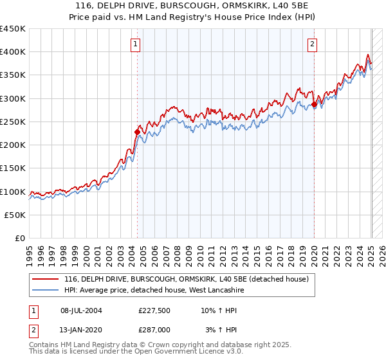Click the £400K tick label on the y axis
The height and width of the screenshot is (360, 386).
[x=13, y=52]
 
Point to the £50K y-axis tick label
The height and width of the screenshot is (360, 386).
[x=15, y=215]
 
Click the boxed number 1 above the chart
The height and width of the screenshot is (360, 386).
[x=136, y=44]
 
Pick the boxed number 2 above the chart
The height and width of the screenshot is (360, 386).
[x=312, y=44]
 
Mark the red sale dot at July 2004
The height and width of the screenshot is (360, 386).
[x=137, y=132]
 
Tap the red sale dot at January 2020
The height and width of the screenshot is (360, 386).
[x=314, y=104]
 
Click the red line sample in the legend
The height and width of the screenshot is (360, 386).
[x=45, y=280]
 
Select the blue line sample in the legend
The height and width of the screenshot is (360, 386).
[x=45, y=291]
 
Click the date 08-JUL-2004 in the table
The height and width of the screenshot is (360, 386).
[x=80, y=311]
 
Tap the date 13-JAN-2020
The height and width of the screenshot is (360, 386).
[x=80, y=329]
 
